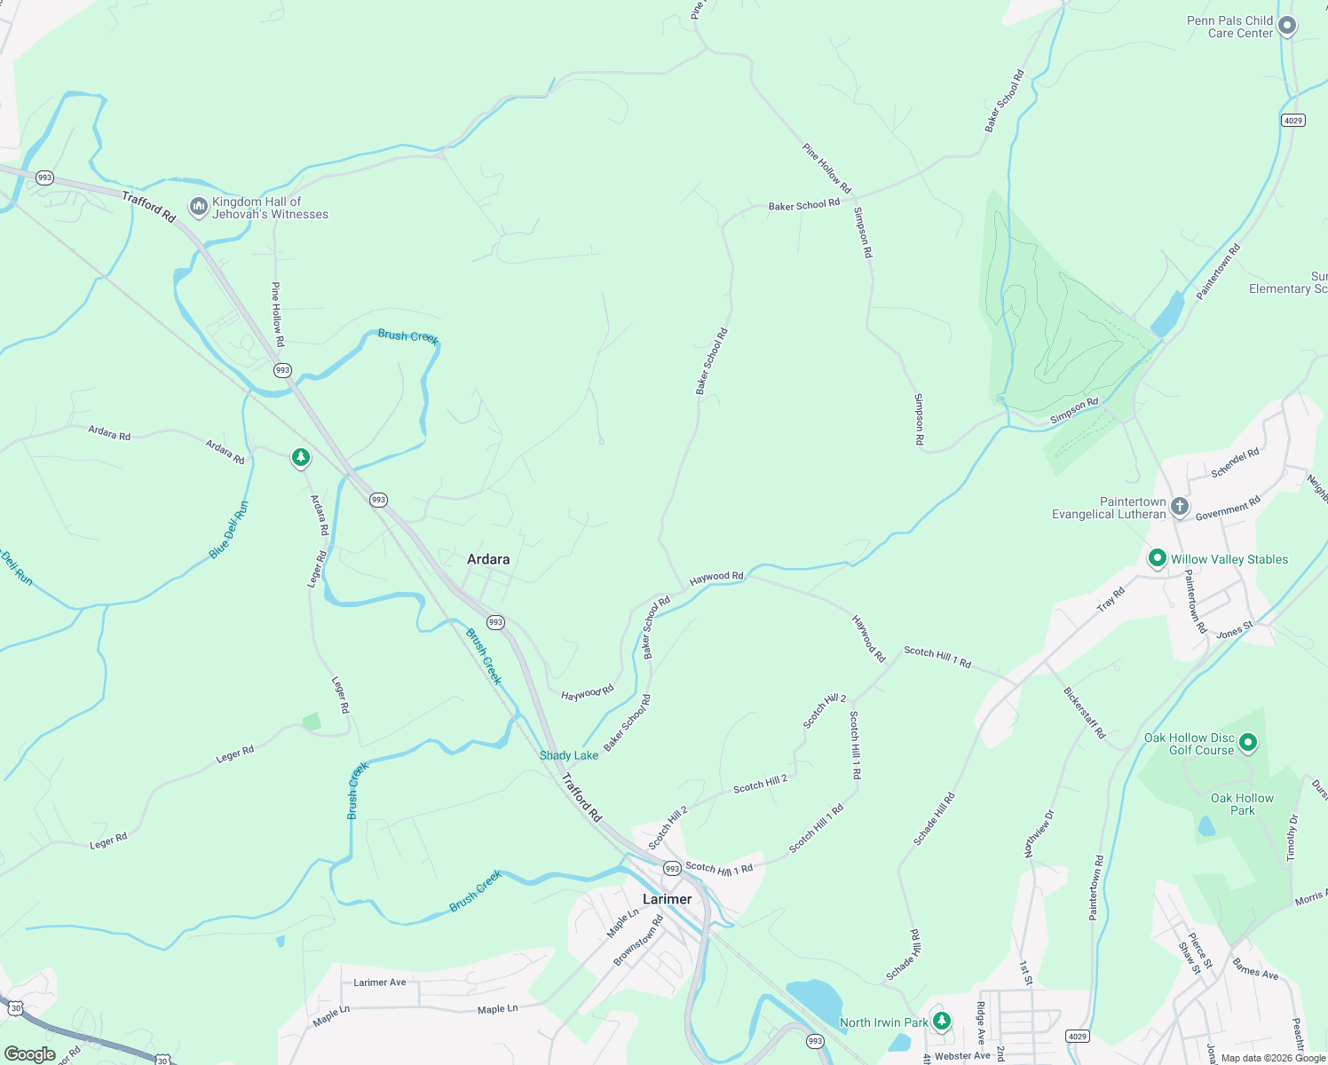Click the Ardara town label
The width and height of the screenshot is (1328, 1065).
pos(488,559)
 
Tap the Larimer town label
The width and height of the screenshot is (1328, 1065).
pos(667,899)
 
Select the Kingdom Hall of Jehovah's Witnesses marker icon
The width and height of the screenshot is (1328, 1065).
pos(198,208)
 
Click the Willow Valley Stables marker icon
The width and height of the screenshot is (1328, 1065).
pos(1157,558)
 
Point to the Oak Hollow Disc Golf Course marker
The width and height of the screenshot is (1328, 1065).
pos(1248,742)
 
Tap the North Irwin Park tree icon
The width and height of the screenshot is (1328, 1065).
pos(942,1021)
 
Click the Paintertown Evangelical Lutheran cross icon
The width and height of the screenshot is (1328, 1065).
pos(1179,507)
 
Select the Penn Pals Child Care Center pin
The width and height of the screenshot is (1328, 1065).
pos(1286,26)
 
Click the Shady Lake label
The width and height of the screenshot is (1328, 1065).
pos(569,755)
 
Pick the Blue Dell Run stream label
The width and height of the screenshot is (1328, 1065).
pos(229,531)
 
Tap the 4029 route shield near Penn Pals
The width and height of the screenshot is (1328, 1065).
pos(1293,121)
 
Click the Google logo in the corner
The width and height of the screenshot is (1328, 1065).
pos(30,1054)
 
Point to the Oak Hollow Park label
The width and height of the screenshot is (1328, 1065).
pos(1242,804)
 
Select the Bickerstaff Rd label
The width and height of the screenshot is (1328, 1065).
pos(1084,713)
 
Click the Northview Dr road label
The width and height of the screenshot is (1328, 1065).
pos(1039,833)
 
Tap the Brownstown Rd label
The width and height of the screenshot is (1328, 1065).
pos(638,941)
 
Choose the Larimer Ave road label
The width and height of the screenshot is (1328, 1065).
pos(379,982)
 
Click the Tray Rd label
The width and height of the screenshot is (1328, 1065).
pos(1111,600)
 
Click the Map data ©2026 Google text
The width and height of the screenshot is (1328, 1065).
pos(1272,1058)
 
